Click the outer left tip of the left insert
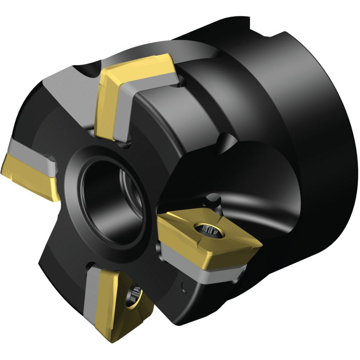click(4, 159)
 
